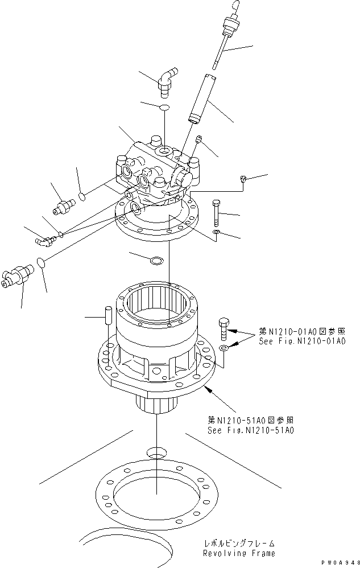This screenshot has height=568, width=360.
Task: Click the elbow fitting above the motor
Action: [167, 81]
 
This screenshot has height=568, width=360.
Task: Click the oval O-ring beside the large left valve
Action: [40, 262]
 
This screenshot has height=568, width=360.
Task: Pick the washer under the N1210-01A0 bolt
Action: [224, 348]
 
